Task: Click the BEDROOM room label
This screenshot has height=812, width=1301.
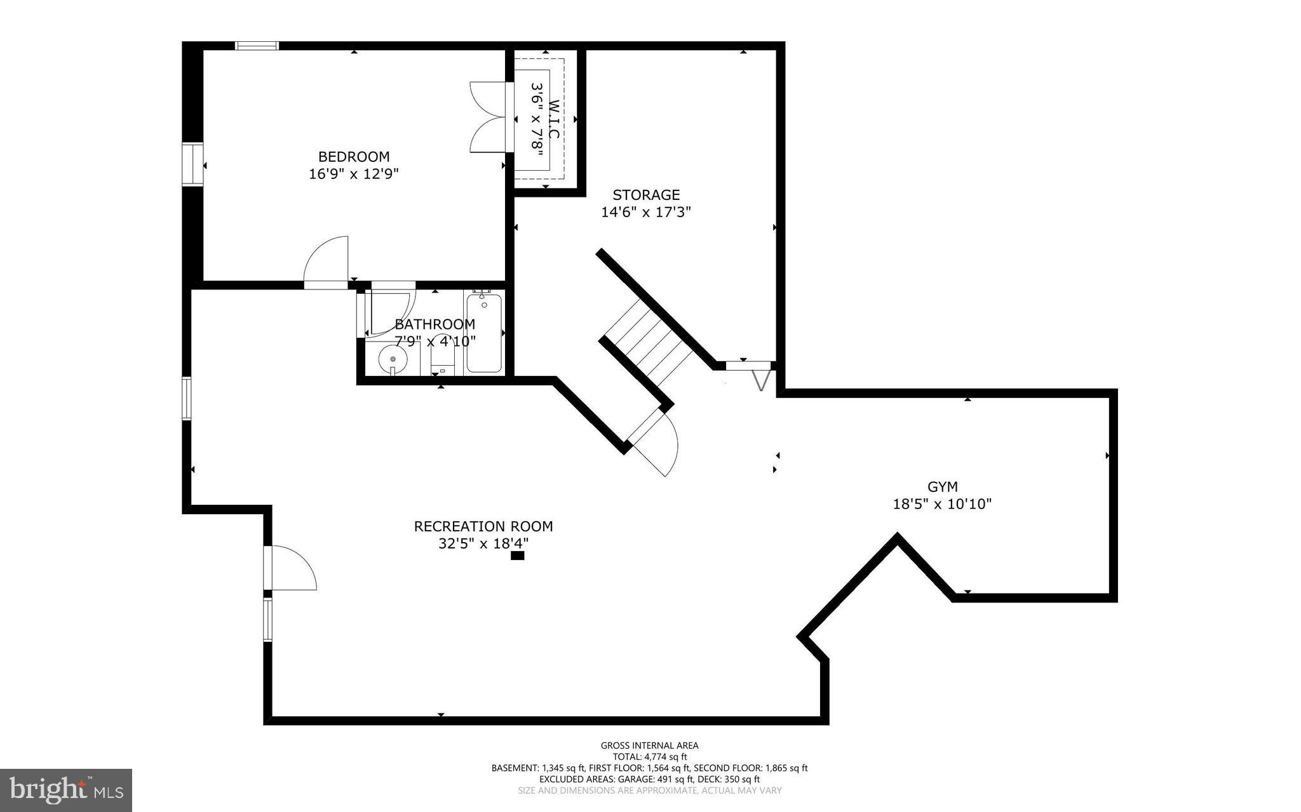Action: pyautogui.click(x=354, y=156)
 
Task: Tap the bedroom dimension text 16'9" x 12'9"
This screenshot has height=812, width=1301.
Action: pyautogui.click(x=354, y=173)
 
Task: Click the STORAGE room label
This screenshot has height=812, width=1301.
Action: pyautogui.click(x=646, y=195)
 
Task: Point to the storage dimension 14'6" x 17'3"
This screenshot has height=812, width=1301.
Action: pyautogui.click(x=646, y=212)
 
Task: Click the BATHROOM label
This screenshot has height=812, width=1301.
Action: pyautogui.click(x=435, y=324)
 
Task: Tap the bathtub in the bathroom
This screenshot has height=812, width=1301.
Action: pyautogui.click(x=484, y=334)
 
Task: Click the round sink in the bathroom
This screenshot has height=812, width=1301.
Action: pyautogui.click(x=393, y=360)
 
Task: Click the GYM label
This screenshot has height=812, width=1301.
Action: pyautogui.click(x=942, y=487)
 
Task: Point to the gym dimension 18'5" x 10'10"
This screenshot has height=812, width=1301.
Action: pyautogui.click(x=942, y=504)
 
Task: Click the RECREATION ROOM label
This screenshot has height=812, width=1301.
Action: pyautogui.click(x=483, y=526)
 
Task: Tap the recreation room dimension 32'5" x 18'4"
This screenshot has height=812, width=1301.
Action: pyautogui.click(x=483, y=543)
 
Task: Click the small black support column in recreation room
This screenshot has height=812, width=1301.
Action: pyautogui.click(x=518, y=556)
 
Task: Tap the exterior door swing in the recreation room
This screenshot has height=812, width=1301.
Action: pyautogui.click(x=292, y=568)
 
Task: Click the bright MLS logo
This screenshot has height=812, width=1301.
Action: pyautogui.click(x=66, y=790)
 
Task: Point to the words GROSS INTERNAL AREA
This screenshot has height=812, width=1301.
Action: pyautogui.click(x=649, y=745)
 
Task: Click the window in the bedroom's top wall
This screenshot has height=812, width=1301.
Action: pyautogui.click(x=257, y=45)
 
